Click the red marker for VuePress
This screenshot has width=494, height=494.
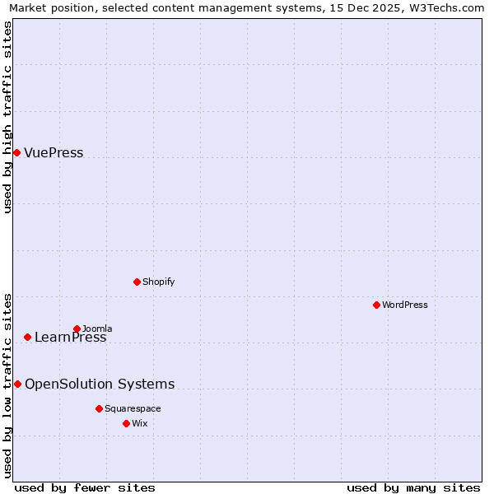(x=16, y=152)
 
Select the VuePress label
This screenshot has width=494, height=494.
(x=54, y=153)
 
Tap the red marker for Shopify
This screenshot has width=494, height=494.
(x=137, y=282)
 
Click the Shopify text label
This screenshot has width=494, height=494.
(x=159, y=282)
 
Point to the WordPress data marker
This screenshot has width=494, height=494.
(x=376, y=305)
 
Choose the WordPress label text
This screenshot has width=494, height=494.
(x=405, y=305)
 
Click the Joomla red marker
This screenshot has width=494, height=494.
(x=77, y=329)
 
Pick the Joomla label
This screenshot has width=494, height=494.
(x=97, y=329)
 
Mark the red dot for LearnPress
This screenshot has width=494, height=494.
(x=27, y=337)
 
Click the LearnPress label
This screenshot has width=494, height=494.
(x=71, y=338)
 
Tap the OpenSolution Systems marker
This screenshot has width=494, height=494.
(x=17, y=384)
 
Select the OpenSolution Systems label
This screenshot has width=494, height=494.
(x=100, y=384)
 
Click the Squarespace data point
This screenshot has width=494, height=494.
(x=99, y=408)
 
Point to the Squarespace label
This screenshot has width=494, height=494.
(x=133, y=408)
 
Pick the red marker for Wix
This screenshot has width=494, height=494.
(x=126, y=423)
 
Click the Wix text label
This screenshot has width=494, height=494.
(x=139, y=423)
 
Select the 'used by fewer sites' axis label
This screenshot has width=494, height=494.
(x=85, y=487)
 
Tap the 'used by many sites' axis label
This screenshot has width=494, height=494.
(x=413, y=487)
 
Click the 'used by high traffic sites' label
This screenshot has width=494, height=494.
(x=7, y=117)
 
